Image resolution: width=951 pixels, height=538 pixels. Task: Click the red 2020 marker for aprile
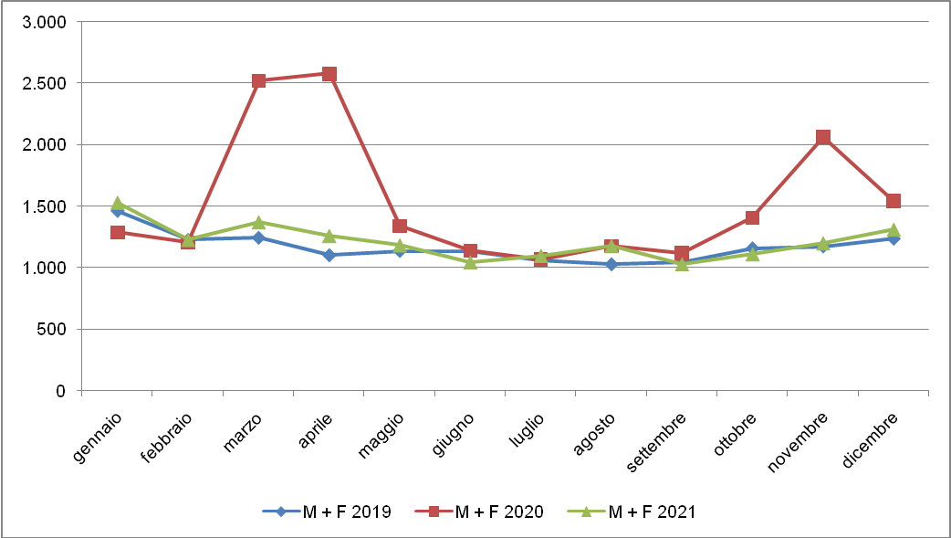click(x=329, y=74)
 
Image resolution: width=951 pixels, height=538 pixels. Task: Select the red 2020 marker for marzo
click(x=258, y=80)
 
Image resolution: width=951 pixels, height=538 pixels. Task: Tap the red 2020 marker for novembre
click(x=823, y=137)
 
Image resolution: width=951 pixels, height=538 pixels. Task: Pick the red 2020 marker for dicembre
click(x=894, y=201)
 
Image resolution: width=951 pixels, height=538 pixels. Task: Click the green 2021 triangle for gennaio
click(x=118, y=203)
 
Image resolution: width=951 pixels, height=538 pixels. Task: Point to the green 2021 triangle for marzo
click(x=258, y=222)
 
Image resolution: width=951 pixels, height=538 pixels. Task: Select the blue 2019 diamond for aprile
click(x=329, y=255)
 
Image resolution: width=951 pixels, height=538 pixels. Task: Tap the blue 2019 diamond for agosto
click(x=611, y=264)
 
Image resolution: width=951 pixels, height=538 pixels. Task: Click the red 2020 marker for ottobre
click(x=752, y=217)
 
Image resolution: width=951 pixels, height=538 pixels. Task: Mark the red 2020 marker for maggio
click(x=400, y=226)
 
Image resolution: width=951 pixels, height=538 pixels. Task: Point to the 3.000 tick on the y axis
click(x=48, y=22)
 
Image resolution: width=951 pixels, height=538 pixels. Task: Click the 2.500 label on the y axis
click(x=48, y=83)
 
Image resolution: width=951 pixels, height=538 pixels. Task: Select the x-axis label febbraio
click(x=166, y=438)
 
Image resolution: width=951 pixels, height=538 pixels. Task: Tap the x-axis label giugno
click(x=455, y=432)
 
